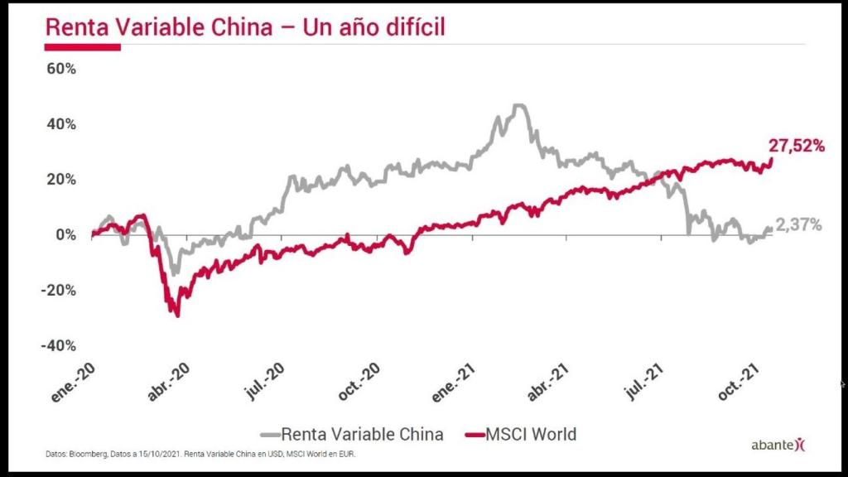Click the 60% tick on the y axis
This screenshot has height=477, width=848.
60,69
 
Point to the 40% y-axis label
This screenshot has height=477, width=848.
60,124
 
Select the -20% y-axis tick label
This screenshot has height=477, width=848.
58,291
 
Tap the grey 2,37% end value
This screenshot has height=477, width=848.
799,224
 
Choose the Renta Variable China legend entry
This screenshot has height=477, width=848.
353,433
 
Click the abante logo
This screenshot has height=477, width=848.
778,446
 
